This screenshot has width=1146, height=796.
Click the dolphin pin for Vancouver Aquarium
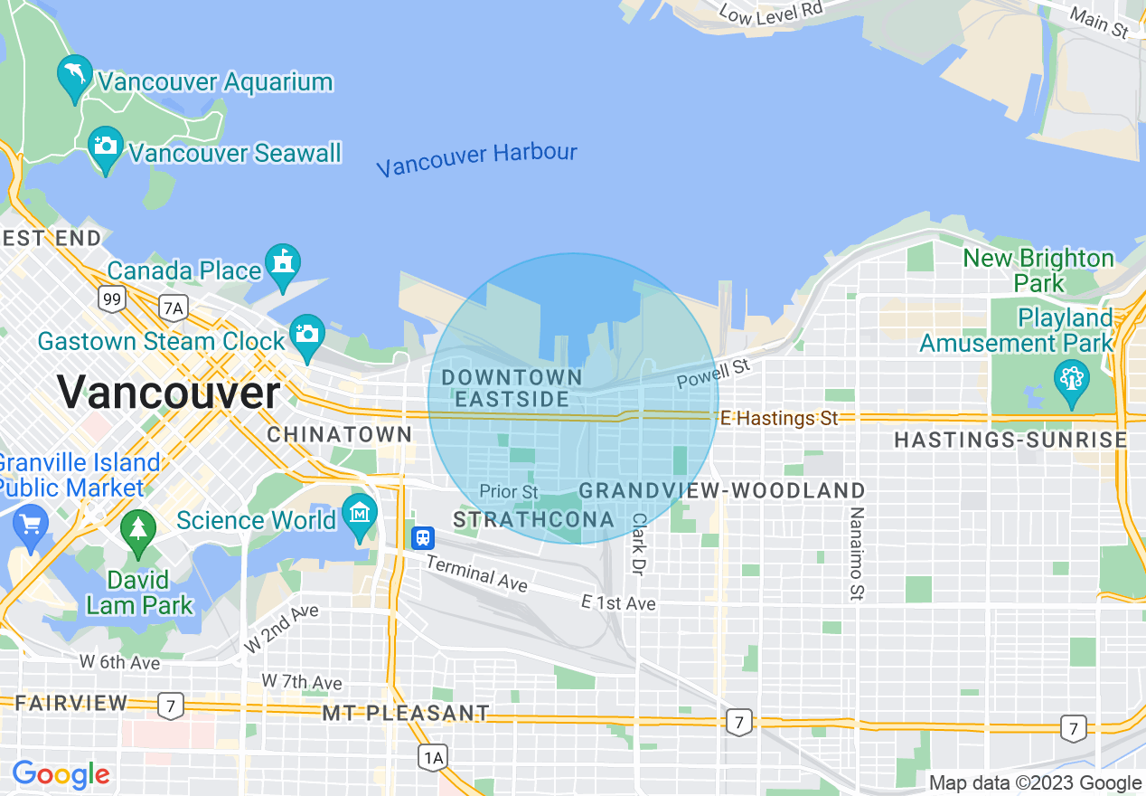[74, 76]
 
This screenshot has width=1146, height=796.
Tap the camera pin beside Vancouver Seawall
[106, 147]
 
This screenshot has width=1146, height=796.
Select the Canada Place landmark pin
[282, 264]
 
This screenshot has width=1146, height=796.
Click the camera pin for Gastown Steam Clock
[307, 335]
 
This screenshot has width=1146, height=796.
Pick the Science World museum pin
[360, 515]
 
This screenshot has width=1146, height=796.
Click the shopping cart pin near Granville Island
[31, 526]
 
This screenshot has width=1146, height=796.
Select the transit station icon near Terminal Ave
[422, 538]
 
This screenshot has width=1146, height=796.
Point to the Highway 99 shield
[112, 298]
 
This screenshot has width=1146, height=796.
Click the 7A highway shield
[173, 308]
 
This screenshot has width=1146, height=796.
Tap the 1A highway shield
[434, 756]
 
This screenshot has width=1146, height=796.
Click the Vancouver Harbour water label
[476, 160]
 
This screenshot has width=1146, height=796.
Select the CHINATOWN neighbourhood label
[340, 435]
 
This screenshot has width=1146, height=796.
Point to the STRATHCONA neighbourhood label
[533, 520]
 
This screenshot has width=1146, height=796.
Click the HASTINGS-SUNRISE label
[1010, 441]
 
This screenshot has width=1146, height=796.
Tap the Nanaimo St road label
[856, 554]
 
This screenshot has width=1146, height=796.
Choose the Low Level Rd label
[771, 10]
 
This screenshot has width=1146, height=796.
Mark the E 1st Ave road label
[618, 603]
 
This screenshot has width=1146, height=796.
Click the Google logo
[61, 774]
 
